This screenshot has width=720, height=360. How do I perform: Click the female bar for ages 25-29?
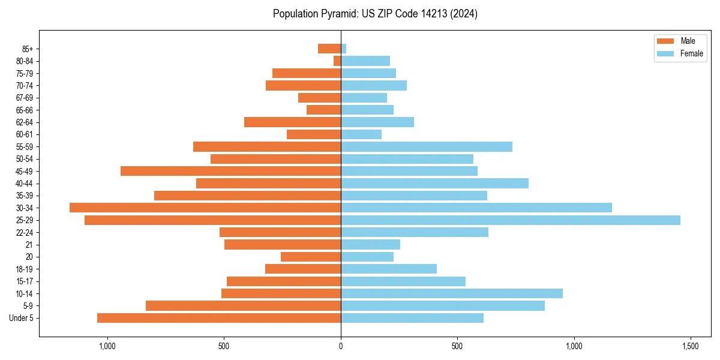[x=510, y=220]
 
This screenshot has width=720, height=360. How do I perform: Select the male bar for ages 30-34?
[x=205, y=208]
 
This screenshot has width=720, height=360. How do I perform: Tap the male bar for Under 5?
[x=219, y=318]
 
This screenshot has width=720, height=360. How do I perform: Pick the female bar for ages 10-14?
[x=452, y=293]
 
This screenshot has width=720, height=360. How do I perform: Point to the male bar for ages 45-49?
[x=230, y=171]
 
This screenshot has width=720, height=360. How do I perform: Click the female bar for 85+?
[x=344, y=49]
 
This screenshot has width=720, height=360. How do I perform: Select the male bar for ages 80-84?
[x=337, y=61]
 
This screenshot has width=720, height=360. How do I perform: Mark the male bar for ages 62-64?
[x=292, y=122]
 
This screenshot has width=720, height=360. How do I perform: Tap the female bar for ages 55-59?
[x=427, y=146]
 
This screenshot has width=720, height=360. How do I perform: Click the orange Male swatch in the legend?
[x=666, y=41]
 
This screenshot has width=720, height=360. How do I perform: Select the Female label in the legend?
[x=691, y=53]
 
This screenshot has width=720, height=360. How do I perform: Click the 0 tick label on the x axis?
[x=341, y=346]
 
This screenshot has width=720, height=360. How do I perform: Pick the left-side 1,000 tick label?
[x=107, y=346]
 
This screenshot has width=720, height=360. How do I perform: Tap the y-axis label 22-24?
[x=25, y=232]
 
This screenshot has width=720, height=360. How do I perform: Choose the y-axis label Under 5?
[x=22, y=318]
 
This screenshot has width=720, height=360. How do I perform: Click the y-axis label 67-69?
[x=25, y=98]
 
